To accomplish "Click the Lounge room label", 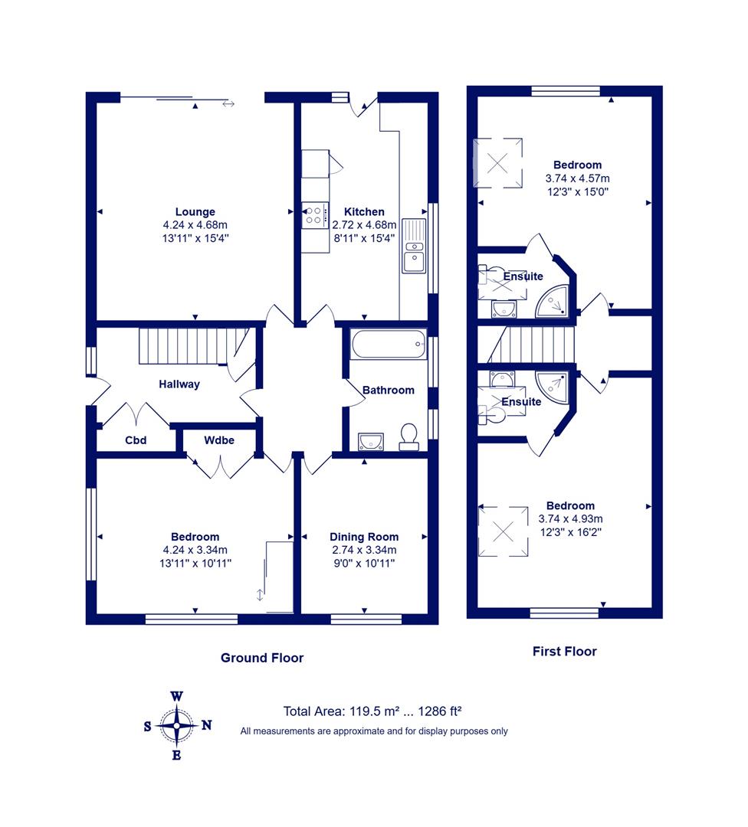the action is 195,211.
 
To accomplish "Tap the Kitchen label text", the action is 364,211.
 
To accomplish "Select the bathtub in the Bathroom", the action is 388,345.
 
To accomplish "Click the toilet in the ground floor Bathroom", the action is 408,437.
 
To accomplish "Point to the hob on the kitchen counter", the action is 315,215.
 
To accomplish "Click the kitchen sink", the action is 414,246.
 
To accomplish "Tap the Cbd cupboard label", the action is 136,440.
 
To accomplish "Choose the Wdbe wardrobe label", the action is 219,440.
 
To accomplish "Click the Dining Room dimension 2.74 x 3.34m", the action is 364,550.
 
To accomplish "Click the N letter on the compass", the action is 206,725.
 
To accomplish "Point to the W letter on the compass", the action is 177,696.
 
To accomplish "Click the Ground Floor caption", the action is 262,658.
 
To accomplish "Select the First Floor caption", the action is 564,652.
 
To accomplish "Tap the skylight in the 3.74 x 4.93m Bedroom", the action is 503,531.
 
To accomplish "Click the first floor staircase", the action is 531,345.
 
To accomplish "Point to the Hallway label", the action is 179,384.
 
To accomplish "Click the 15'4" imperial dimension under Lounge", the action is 217,238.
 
